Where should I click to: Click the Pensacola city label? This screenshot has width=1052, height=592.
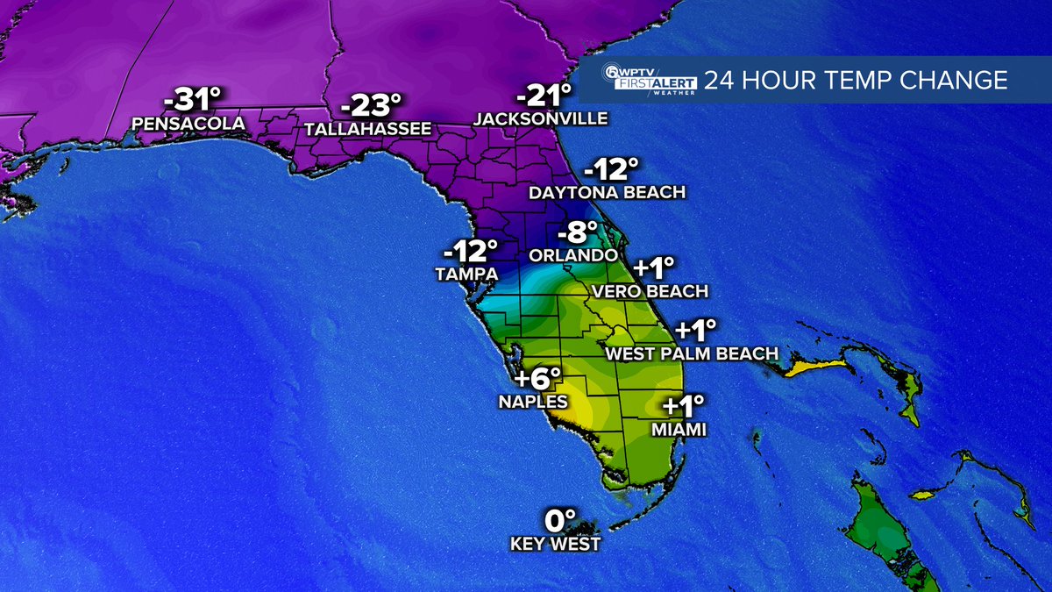point(188,124)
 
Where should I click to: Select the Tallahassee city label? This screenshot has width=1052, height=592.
point(368,129)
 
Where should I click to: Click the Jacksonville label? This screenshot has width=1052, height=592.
point(541,118)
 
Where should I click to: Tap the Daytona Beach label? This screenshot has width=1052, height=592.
point(608,192)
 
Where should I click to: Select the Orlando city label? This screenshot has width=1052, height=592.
point(572,255)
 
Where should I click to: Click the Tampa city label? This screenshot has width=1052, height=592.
point(466,274)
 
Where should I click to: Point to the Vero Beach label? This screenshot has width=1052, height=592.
point(650,290)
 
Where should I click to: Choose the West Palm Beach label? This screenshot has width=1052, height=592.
point(693,353)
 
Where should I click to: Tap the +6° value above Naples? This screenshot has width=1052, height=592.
point(537,379)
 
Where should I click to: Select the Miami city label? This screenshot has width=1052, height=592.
point(679,430)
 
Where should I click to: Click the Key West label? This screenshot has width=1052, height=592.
point(556,544)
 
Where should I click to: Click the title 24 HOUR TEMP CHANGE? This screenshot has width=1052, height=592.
point(856,82)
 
